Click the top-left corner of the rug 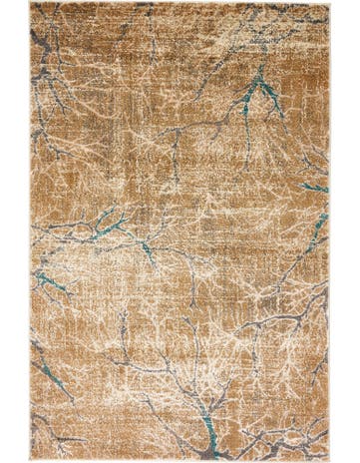click(x=30, y=3)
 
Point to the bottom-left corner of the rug click(x=30, y=460)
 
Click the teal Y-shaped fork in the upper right click(x=261, y=91)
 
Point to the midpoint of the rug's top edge click(x=180, y=3)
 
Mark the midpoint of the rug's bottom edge click(x=180, y=460)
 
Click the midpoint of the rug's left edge click(x=30, y=231)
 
